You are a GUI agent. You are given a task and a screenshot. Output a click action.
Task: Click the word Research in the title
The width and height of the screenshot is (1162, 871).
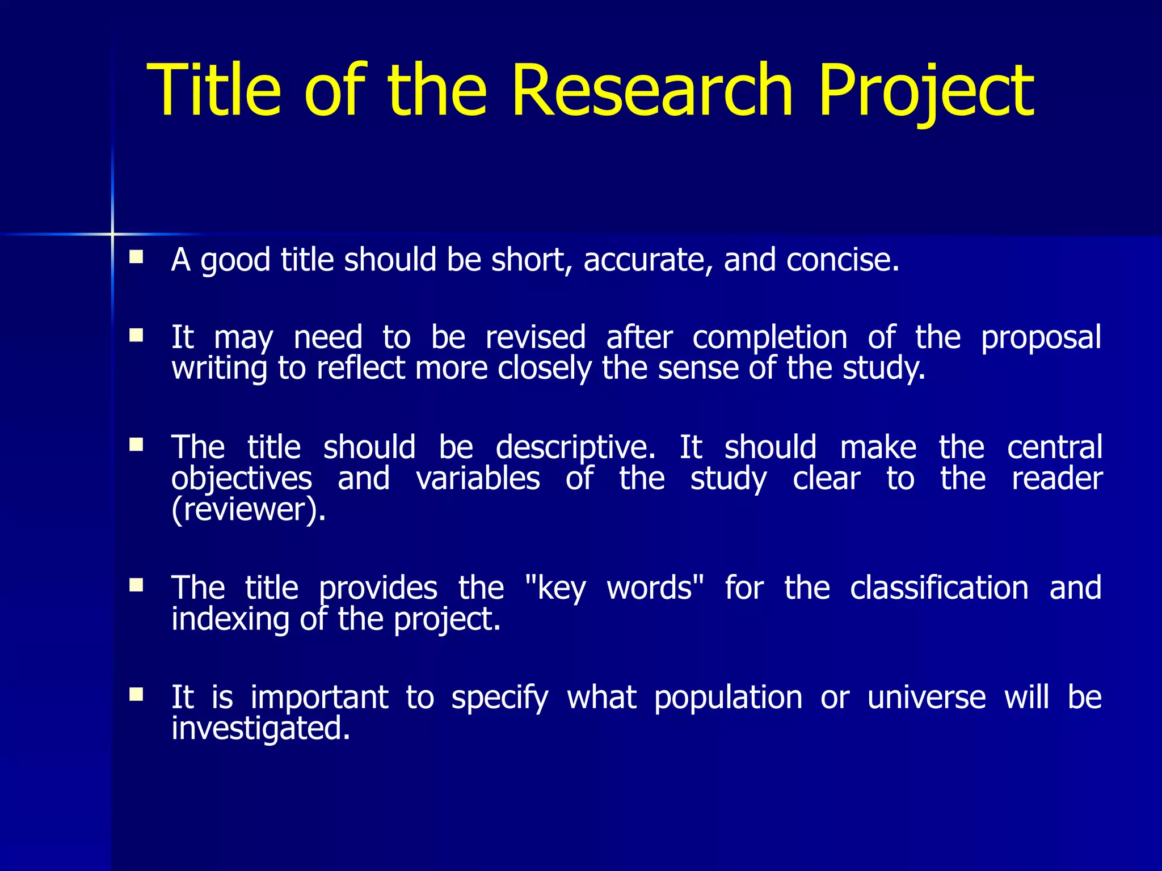tap(651, 91)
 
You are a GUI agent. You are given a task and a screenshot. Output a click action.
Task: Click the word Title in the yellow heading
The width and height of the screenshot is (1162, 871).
tap(214, 91)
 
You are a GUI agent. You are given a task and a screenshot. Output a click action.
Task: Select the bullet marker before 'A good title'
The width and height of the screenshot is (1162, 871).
tap(136, 258)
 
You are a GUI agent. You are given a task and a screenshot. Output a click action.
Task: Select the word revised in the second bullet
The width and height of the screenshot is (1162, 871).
tap(536, 338)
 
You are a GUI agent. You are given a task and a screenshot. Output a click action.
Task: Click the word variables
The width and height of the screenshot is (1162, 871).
tap(478, 479)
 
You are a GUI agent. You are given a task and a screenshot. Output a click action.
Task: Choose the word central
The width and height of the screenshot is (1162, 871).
tap(1054, 447)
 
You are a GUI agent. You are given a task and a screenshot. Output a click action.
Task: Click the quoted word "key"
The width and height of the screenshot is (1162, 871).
tap(555, 589)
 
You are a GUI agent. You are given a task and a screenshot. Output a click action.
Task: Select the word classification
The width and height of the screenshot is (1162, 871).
tap(939, 588)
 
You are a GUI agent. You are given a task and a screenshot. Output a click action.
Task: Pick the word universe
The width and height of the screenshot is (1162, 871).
tap(926, 697)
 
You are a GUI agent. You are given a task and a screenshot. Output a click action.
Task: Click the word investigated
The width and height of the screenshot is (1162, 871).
tap(260, 729)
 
